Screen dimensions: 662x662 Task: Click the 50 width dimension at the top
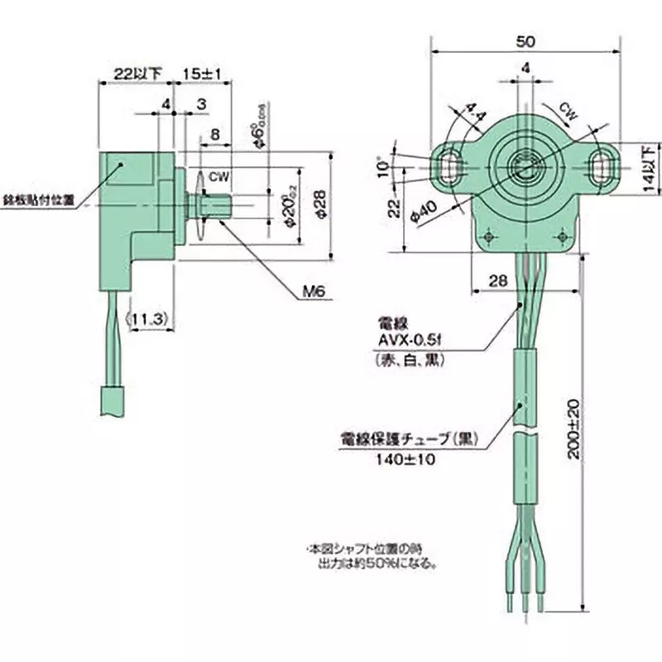click(x=525, y=41)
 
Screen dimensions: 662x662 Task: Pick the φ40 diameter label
click(x=424, y=213)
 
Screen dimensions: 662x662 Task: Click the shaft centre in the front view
click(x=524, y=164)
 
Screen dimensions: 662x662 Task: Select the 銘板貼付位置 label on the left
click(x=38, y=199)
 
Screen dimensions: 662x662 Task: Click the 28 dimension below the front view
click(x=497, y=281)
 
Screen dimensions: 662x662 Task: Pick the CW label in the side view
click(x=218, y=176)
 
